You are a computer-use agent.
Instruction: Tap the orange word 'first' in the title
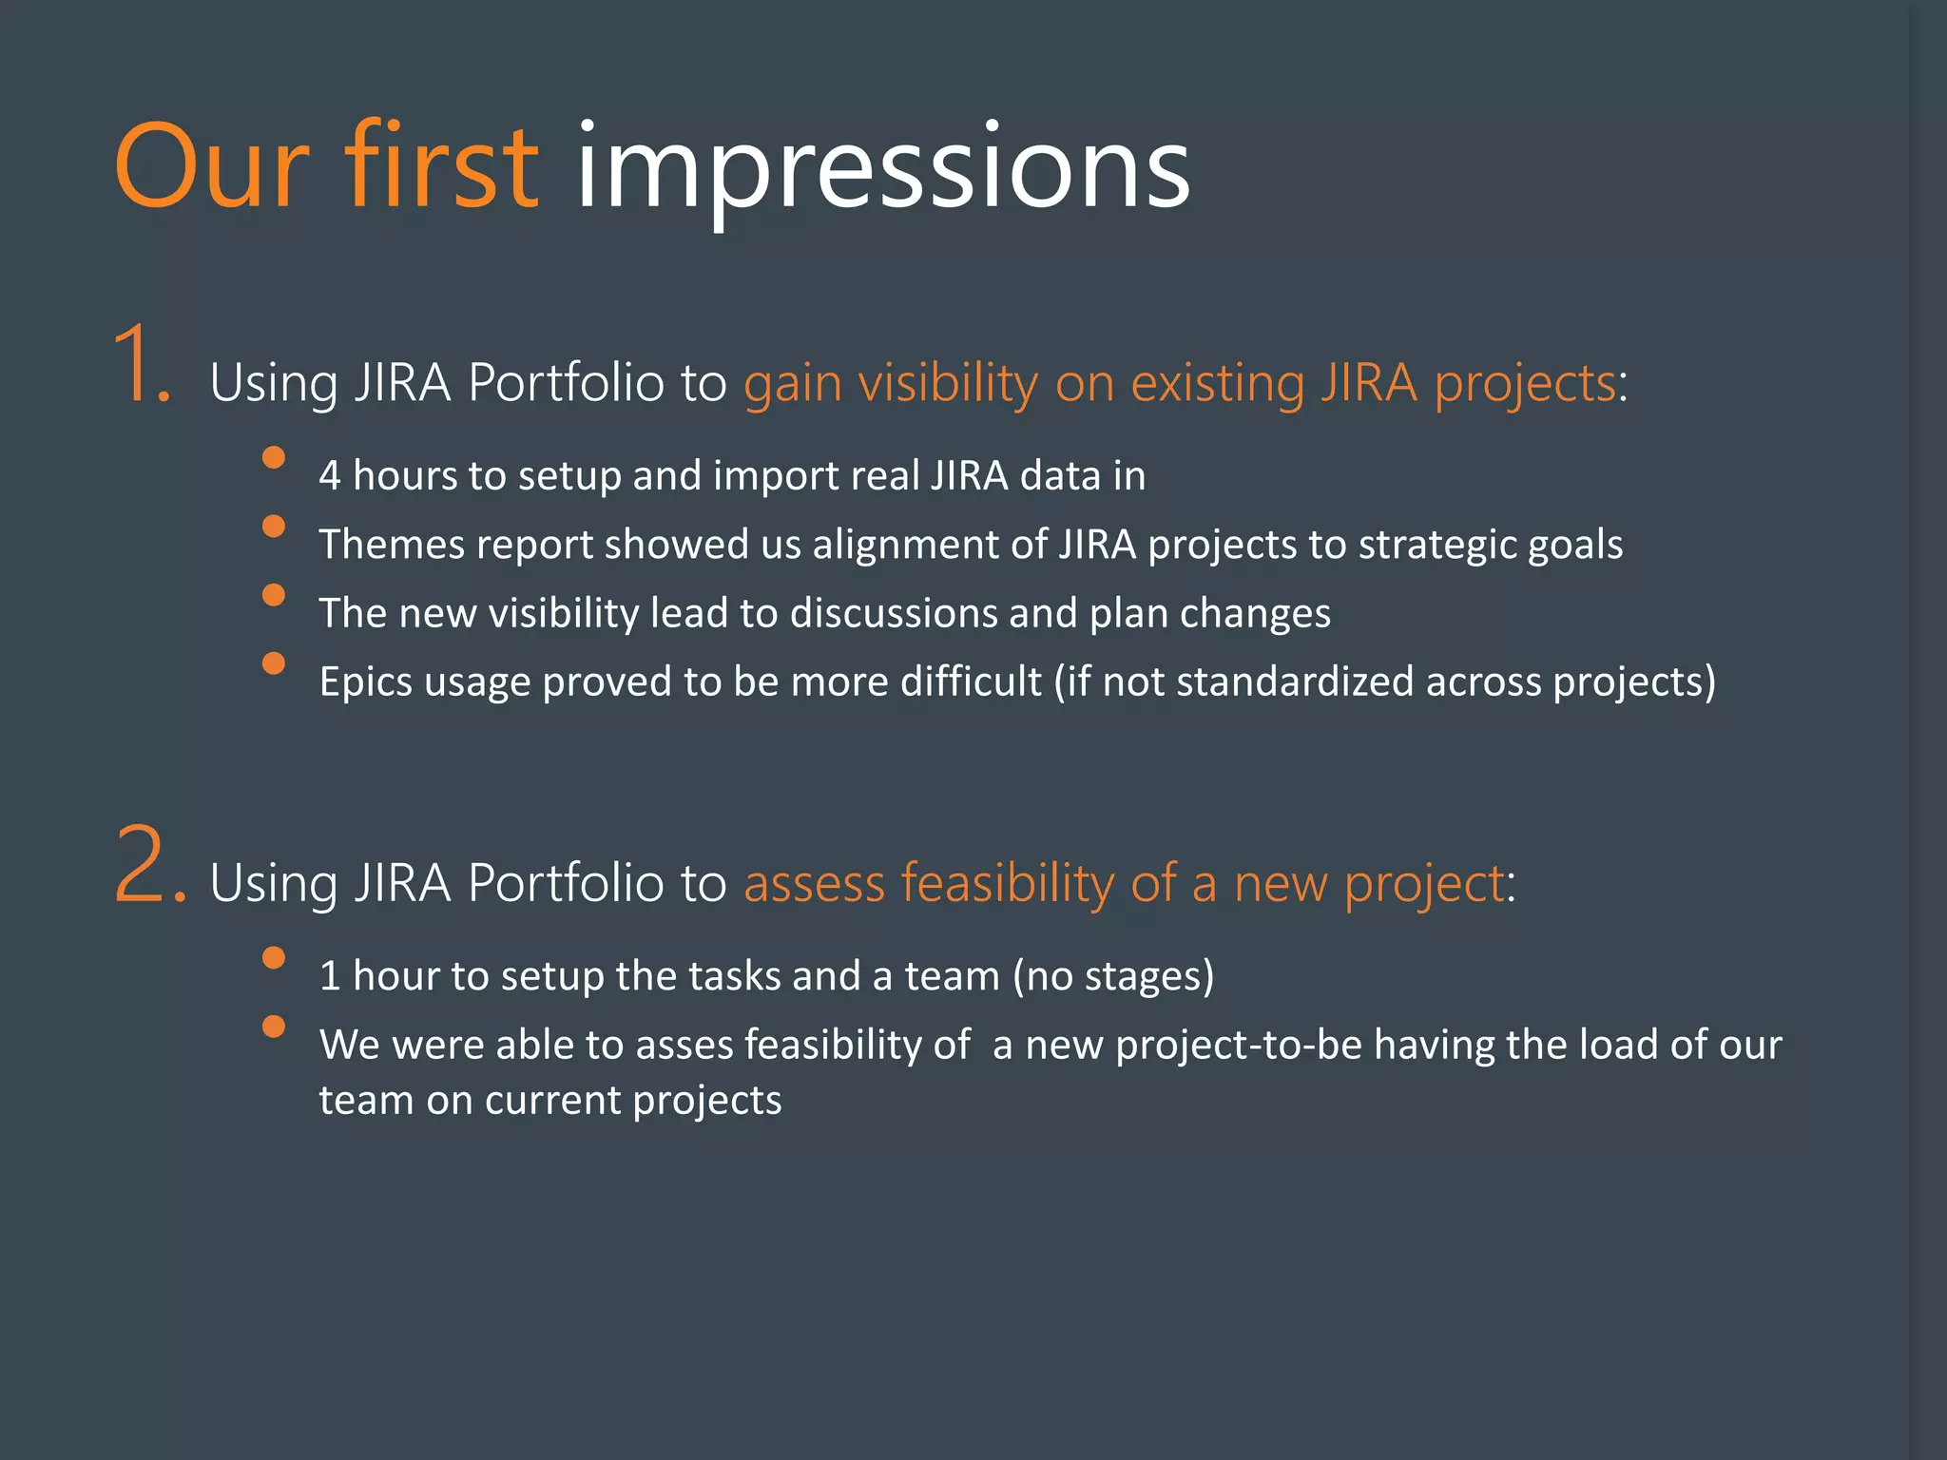[x=440, y=166]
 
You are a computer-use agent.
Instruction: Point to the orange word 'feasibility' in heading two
[x=1007, y=883]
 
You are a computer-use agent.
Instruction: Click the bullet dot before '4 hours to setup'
[x=274, y=457]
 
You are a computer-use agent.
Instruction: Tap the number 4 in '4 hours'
[x=329, y=475]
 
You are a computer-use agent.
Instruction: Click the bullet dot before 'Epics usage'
[x=274, y=663]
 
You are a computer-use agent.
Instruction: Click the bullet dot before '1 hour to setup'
[x=274, y=957]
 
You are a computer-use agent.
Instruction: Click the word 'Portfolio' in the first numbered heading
[x=566, y=383]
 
